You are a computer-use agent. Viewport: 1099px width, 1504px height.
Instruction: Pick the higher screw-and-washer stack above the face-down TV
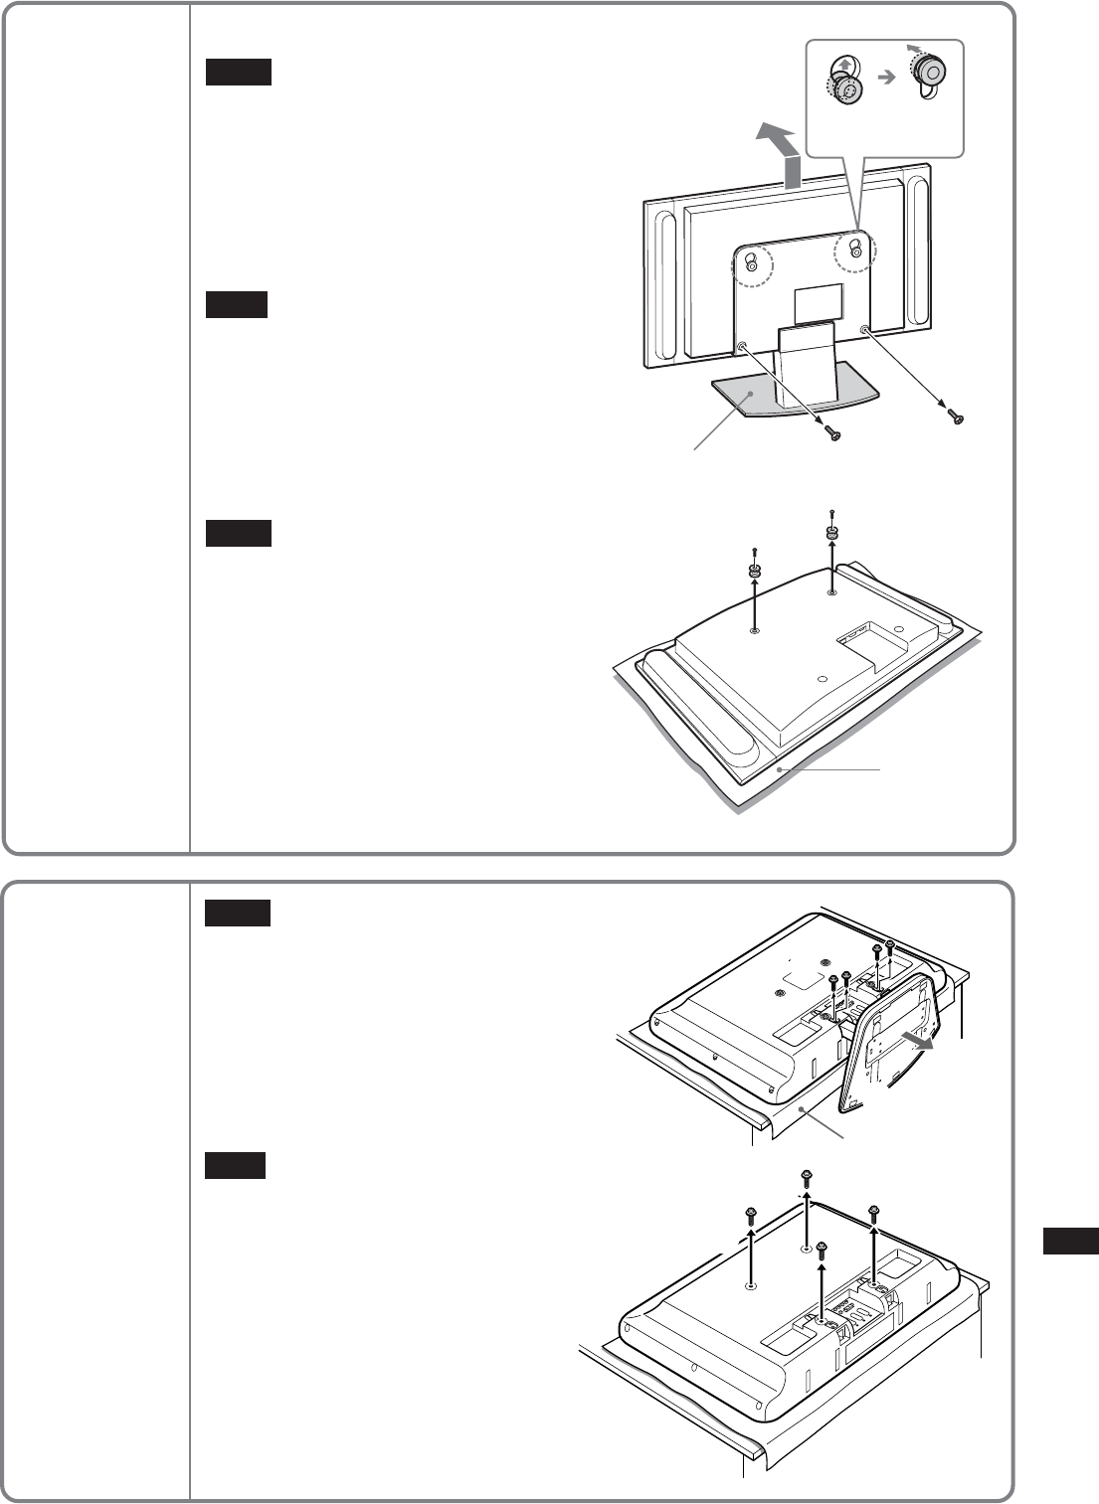pos(831,529)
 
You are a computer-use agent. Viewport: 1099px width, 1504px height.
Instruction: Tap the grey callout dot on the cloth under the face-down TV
pos(782,768)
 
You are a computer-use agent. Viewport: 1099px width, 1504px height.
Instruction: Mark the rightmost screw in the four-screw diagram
pos(873,1212)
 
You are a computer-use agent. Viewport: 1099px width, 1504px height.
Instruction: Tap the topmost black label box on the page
pos(239,72)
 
